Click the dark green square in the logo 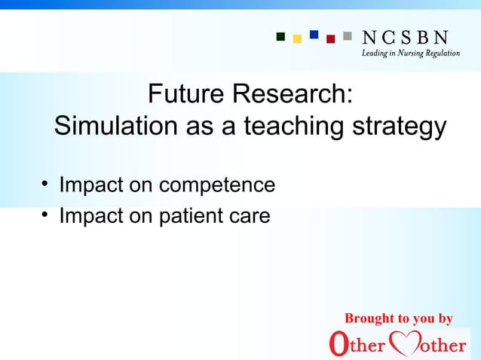(x=281, y=35)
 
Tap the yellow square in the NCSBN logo (x=298, y=38)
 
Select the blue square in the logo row (x=314, y=35)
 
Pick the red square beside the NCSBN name (x=330, y=38)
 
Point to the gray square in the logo (x=347, y=35)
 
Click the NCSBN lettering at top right (x=406, y=37)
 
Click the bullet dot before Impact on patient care (x=45, y=216)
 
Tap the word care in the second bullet (x=251, y=217)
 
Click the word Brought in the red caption (x=369, y=319)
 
